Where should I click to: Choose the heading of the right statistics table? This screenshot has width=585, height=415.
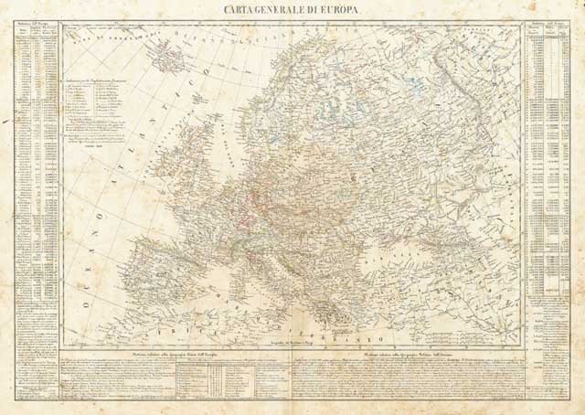tap(548, 29)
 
